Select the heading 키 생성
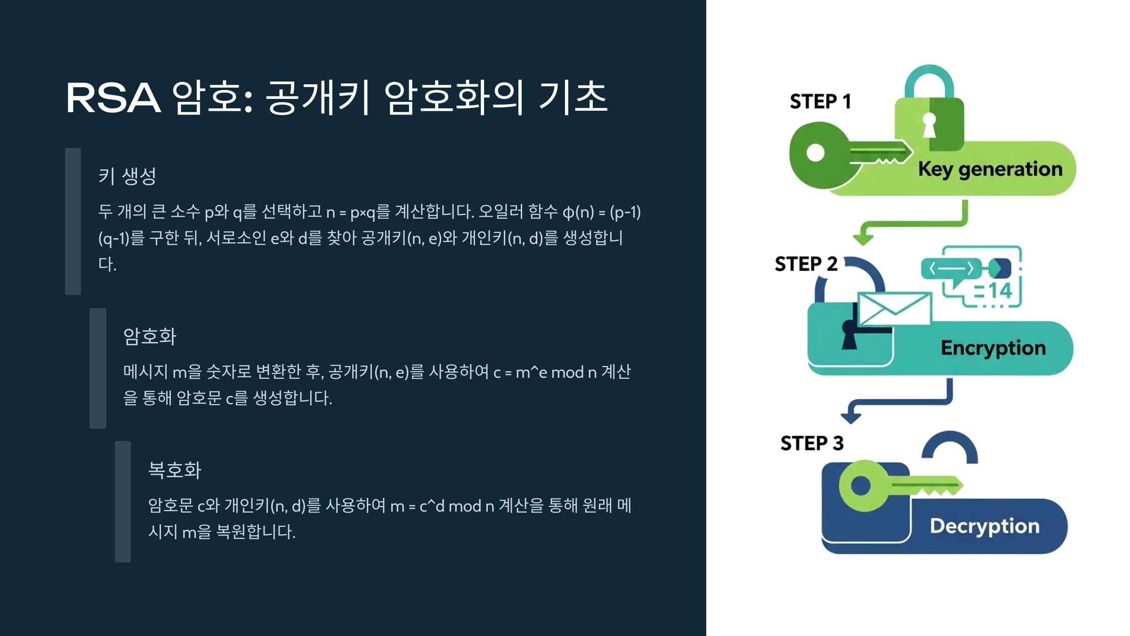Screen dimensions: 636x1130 click(127, 177)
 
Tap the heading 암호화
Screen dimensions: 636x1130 click(150, 337)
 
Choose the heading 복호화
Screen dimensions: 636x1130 click(175, 470)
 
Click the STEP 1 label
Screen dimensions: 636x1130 click(820, 102)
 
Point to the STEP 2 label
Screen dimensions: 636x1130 click(806, 264)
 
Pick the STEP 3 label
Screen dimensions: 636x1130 click(812, 443)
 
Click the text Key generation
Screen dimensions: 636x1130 click(990, 169)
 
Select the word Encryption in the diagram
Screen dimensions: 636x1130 click(993, 348)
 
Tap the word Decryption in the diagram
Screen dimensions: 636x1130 click(985, 526)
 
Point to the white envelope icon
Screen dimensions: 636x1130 click(894, 309)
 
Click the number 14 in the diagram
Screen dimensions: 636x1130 click(1000, 291)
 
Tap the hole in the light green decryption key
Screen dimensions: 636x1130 click(861, 486)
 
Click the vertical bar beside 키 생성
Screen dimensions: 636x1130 click(73, 221)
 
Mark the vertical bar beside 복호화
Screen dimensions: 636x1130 click(123, 502)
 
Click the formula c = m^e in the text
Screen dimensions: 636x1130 click(518, 373)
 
